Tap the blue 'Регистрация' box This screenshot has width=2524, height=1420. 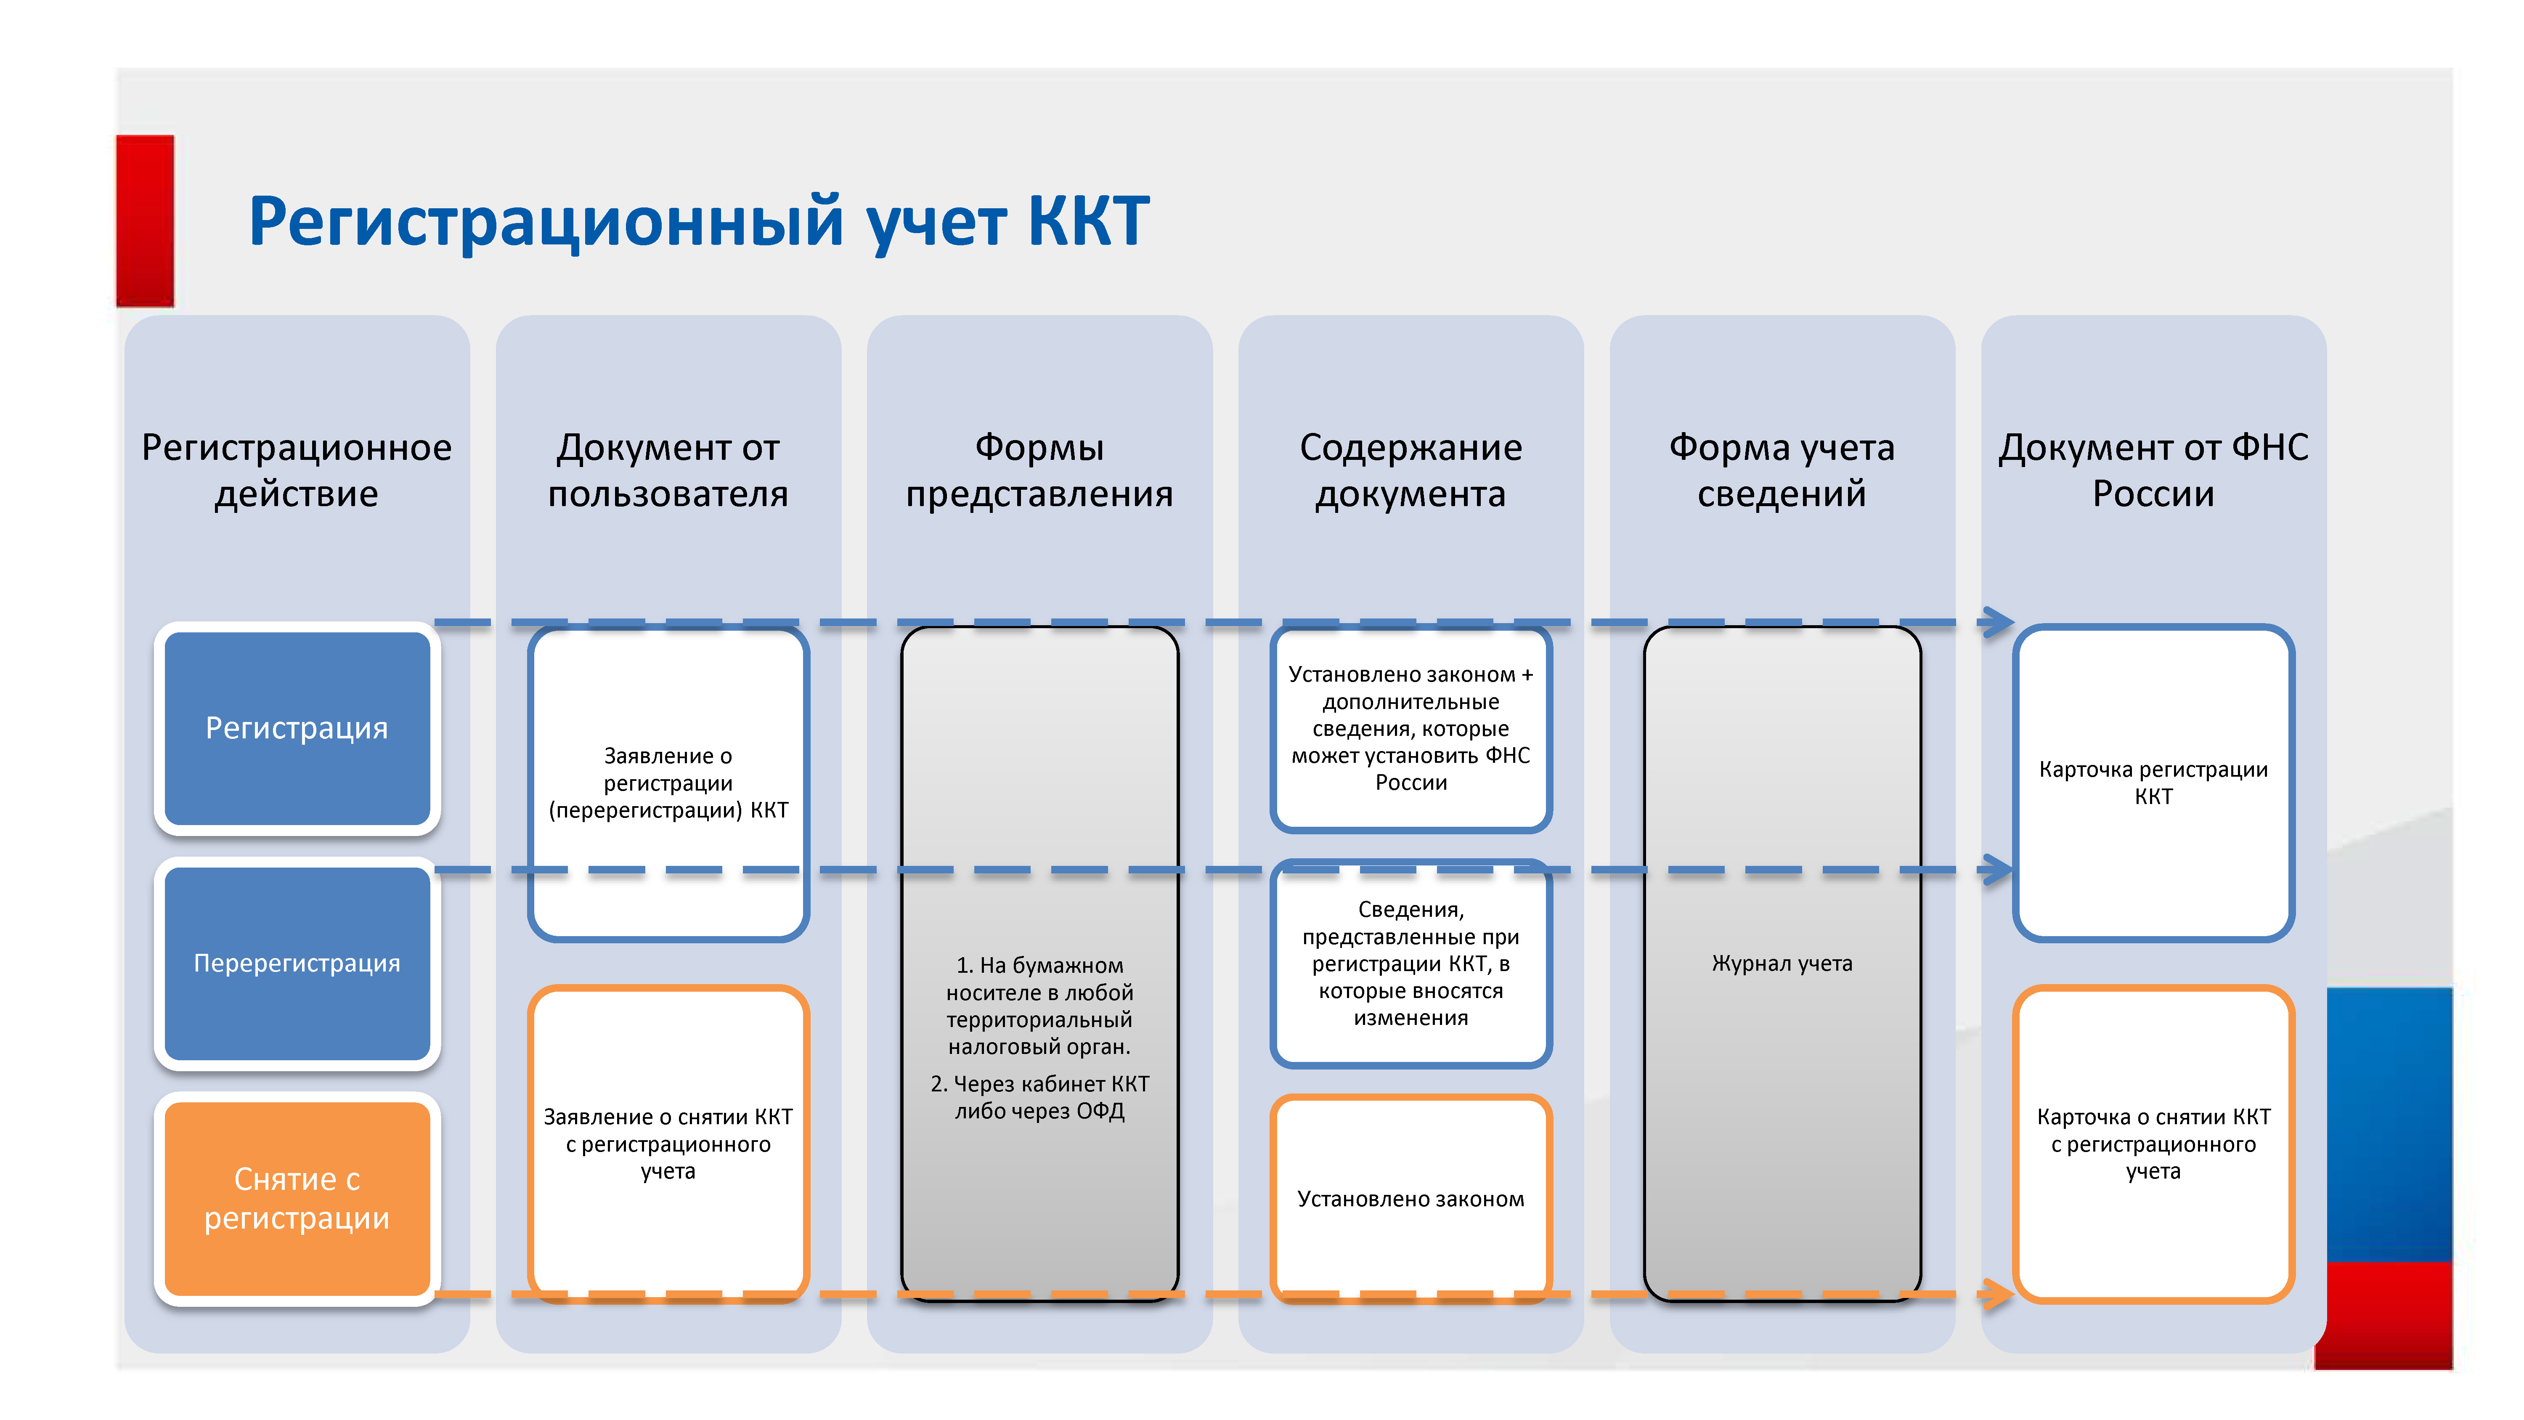pyautogui.click(x=297, y=728)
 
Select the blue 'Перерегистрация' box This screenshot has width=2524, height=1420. pyautogui.click(x=297, y=963)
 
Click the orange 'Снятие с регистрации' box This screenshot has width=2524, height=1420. pyautogui.click(x=297, y=1199)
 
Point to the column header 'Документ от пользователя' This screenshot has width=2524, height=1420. pyautogui.click(x=668, y=470)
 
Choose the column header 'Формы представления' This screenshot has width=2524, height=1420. pyautogui.click(x=1039, y=470)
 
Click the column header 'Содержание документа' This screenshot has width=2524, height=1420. pyautogui.click(x=1411, y=470)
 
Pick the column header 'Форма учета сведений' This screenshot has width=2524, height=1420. pyautogui.click(x=1782, y=470)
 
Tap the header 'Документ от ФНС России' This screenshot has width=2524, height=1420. pyautogui.click(x=2154, y=470)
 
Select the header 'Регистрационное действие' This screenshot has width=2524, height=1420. pyautogui.click(x=297, y=470)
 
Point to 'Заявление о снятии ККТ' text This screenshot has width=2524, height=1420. pyautogui.click(x=668, y=1117)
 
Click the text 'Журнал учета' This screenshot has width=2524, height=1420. pyautogui.click(x=1782, y=963)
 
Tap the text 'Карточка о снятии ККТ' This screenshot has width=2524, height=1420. pyautogui.click(x=2154, y=1117)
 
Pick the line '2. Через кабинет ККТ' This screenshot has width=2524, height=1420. pyautogui.click(x=1039, y=1084)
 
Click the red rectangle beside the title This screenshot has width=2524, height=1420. pyautogui.click(x=145, y=221)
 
